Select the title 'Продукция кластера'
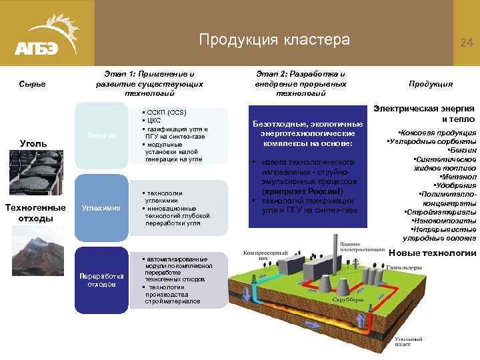[274, 40]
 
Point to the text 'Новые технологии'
[433, 253]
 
